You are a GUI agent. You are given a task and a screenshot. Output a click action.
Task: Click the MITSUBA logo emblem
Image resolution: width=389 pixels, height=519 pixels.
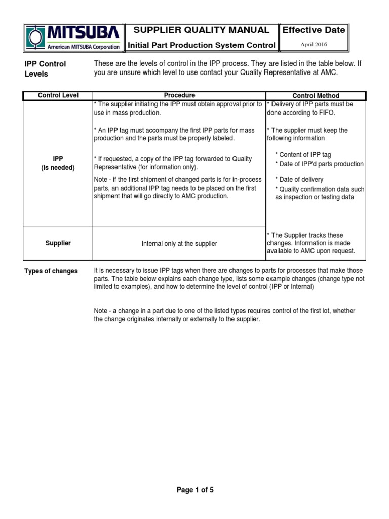click(x=34, y=38)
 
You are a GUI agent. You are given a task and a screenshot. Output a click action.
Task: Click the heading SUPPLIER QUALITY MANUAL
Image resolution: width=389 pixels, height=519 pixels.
click(x=202, y=30)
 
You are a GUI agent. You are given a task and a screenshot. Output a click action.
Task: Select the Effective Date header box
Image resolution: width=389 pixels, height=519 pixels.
click(x=314, y=30)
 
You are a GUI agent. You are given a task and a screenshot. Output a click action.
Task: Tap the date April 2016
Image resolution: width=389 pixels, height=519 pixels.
click(x=314, y=45)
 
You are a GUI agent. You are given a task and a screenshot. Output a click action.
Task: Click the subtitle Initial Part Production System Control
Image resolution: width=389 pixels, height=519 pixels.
click(x=202, y=45)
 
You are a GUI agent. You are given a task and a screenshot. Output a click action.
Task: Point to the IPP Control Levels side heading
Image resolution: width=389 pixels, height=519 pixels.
click(x=46, y=69)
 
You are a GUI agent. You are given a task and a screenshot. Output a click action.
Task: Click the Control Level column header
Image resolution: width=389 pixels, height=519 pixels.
click(x=58, y=95)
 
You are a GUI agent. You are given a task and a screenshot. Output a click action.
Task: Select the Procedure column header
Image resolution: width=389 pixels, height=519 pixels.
click(x=179, y=95)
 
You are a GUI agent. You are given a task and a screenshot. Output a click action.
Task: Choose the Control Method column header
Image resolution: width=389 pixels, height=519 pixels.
click(x=316, y=96)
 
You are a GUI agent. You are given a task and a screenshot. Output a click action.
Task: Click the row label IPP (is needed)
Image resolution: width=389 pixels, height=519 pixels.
click(x=58, y=163)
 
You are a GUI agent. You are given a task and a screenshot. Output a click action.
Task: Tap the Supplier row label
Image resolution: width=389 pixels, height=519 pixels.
click(x=58, y=243)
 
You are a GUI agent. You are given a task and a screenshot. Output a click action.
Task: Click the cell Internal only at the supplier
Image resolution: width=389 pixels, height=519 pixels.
click(x=179, y=244)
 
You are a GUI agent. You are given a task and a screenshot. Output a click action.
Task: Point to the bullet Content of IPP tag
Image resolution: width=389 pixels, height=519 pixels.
click(x=303, y=155)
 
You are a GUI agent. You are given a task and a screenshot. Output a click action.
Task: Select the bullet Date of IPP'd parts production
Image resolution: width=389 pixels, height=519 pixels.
click(x=319, y=164)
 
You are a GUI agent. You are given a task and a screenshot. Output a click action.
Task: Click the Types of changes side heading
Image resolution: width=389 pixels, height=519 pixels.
click(x=51, y=271)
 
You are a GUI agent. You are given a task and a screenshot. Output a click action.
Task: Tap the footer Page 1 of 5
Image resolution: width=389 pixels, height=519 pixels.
click(x=195, y=490)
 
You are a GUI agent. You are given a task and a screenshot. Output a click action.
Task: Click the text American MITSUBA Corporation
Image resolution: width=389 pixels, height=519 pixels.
click(x=84, y=47)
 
